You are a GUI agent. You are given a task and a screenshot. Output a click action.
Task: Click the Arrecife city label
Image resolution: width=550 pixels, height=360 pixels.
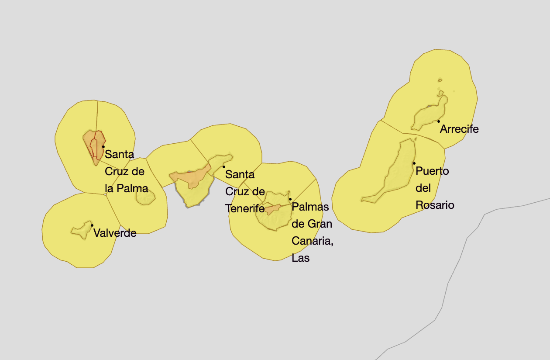tap(459, 129)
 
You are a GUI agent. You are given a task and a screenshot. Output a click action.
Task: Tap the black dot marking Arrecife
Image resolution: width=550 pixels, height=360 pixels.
tap(439, 121)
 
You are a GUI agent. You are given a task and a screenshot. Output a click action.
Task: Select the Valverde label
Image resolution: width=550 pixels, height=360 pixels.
tap(115, 233)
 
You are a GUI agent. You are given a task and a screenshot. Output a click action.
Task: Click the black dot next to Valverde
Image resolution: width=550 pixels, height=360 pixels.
tap(92, 225)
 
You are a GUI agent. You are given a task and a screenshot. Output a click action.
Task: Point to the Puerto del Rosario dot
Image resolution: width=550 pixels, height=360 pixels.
tap(414, 163)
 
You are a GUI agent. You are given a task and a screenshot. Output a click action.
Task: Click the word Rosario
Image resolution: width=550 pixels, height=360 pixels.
tap(435, 205)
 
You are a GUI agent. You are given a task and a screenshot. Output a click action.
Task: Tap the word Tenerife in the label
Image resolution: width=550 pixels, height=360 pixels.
tap(245, 208)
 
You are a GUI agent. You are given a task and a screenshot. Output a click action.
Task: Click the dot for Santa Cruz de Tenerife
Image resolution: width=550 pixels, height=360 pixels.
tap(224, 166)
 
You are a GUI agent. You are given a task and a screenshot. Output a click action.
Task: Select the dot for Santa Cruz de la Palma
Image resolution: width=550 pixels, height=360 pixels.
tap(103, 147)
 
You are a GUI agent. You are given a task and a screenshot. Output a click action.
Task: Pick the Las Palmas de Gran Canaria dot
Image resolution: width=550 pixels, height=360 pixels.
tap(290, 199)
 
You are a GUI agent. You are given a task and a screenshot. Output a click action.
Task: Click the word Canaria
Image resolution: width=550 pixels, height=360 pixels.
tap(312, 241)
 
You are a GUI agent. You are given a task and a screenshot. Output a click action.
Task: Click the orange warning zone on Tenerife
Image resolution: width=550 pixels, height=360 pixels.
tap(192, 177)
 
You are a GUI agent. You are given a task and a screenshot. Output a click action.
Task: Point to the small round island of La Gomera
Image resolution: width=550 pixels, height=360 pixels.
tap(145, 197)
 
